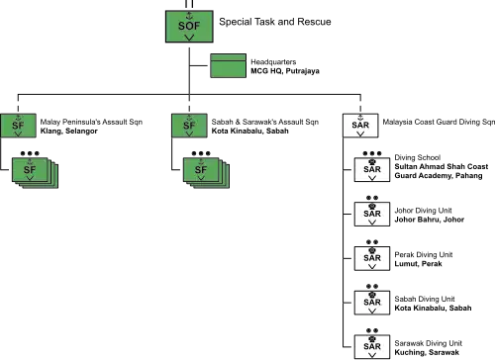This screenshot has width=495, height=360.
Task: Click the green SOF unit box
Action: [189, 27]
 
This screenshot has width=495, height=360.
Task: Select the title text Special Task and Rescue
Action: [275, 22]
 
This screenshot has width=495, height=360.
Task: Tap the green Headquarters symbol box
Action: [229, 65]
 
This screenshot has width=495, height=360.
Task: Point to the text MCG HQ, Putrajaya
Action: [285, 71]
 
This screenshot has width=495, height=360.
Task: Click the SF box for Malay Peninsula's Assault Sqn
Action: [18, 126]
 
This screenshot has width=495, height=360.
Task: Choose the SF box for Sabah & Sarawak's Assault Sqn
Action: [189, 126]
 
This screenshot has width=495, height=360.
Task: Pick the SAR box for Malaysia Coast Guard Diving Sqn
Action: [360, 126]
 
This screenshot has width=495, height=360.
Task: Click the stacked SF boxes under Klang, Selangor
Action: [35, 173]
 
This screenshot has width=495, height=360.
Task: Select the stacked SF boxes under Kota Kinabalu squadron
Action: [206, 173]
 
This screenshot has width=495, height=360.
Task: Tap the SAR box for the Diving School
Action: [372, 170]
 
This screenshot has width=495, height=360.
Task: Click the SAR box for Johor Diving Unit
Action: [372, 214]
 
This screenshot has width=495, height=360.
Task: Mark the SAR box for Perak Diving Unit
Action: [372, 258]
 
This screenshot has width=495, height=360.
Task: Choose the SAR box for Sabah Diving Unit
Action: [372, 303]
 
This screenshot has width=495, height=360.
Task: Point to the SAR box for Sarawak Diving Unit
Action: [372, 347]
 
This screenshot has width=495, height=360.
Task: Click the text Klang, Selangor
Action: [69, 132]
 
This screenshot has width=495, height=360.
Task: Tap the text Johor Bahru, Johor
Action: [430, 220]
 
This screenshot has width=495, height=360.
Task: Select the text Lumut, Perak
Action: [418, 264]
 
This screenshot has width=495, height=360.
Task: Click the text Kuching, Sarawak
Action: [427, 352]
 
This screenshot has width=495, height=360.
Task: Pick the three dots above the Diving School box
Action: [372, 153]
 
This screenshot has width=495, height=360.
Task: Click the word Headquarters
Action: [273, 62]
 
